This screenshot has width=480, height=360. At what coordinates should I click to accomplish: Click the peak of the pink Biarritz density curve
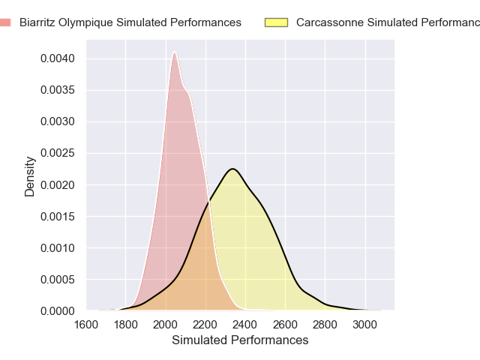pos(175,52)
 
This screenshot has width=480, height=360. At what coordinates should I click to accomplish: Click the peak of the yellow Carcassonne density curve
pos(233,169)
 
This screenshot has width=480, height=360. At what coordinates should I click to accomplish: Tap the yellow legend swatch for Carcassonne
pos(277,22)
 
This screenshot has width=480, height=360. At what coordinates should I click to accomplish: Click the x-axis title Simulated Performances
pos(240,340)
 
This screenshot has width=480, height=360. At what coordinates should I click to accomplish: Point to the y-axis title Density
pos(30,176)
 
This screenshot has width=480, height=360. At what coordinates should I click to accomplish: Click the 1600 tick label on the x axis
pos(85,325)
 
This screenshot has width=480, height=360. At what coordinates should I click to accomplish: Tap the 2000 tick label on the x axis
pos(166,325)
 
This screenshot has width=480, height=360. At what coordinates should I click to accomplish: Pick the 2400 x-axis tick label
pos(245,325)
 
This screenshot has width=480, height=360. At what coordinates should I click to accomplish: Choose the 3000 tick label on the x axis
pos(365,325)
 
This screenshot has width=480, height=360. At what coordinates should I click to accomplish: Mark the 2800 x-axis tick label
pos(325,325)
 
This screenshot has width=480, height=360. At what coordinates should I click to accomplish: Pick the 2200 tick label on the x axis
pos(205,325)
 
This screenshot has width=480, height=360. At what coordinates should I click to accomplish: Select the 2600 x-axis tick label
pos(285,325)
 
